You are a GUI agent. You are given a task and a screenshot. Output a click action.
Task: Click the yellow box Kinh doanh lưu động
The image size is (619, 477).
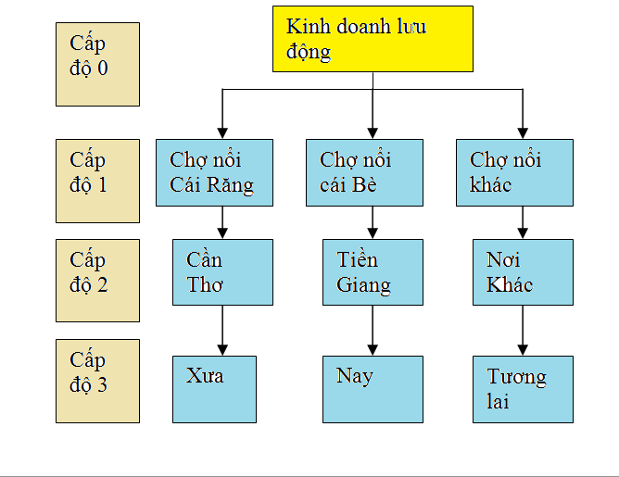pyautogui.click(x=373, y=39)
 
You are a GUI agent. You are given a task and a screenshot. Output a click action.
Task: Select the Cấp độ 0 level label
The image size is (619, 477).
pyautogui.click(x=97, y=65)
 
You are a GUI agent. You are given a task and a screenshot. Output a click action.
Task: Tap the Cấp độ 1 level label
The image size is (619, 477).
pyautogui.click(x=97, y=181)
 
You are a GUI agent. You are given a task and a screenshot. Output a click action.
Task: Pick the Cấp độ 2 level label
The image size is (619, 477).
pyautogui.click(x=97, y=281)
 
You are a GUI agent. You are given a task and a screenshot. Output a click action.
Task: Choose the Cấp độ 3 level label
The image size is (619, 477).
pyautogui.click(x=97, y=381)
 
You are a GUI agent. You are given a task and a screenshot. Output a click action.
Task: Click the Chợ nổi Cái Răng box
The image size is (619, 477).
pyautogui.click(x=214, y=172)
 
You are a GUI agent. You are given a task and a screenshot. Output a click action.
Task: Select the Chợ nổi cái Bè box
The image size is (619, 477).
pyautogui.click(x=364, y=172)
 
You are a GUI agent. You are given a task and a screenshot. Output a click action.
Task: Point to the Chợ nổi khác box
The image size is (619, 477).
pyautogui.click(x=514, y=172)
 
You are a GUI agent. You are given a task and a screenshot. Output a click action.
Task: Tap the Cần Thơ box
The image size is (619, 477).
pyautogui.click(x=222, y=272)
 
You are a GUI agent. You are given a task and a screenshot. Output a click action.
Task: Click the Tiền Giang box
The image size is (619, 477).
pyautogui.click(x=373, y=272)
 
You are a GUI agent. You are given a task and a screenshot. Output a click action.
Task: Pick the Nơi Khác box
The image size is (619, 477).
pyautogui.click(x=523, y=272)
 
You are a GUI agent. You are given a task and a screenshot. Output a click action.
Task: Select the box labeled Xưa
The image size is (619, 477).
pyautogui.click(x=222, y=388)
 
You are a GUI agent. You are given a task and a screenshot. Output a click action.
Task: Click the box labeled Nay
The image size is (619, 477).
pyautogui.click(x=373, y=388)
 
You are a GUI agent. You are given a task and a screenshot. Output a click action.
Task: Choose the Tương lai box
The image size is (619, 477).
pyautogui.click(x=523, y=388)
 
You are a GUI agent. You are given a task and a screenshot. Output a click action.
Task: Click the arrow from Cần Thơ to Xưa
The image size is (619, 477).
pyautogui.click(x=222, y=330)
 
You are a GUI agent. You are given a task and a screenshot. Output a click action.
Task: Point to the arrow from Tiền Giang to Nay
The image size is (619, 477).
pyautogui.click(x=373, y=330)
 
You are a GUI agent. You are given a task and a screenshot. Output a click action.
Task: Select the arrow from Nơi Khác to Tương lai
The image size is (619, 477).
pyautogui.click(x=523, y=330)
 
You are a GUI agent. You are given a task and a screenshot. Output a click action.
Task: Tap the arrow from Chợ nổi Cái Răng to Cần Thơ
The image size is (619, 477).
pyautogui.click(x=222, y=222)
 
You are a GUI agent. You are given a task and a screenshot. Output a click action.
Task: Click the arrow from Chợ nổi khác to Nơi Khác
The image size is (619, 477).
pyautogui.click(x=523, y=222)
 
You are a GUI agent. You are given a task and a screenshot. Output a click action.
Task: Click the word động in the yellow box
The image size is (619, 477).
pyautogui.click(x=309, y=52)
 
